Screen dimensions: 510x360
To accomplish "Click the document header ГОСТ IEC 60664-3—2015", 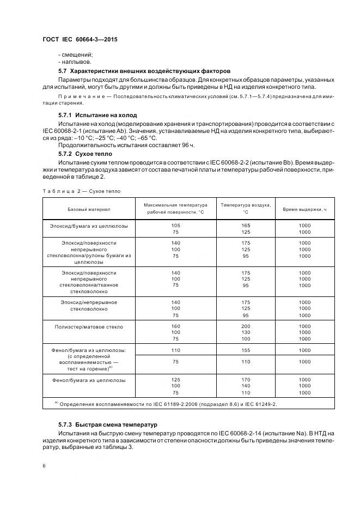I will pos(80,40).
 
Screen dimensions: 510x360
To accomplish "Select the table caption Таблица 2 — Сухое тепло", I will pos(81,191).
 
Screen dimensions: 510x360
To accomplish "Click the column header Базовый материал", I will pos(89,209).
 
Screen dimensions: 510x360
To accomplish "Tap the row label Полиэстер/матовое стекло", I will pos(89,327).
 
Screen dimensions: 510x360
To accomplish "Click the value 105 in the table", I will pos(176,225).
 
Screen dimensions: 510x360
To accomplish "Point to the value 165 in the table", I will pos(246,225).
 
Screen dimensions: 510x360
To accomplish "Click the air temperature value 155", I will pos(246,350).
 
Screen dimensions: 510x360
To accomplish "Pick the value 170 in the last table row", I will pos(246,380).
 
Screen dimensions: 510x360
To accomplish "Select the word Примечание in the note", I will pos(80,96).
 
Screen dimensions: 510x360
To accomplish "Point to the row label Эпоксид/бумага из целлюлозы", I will pos(89,225).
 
